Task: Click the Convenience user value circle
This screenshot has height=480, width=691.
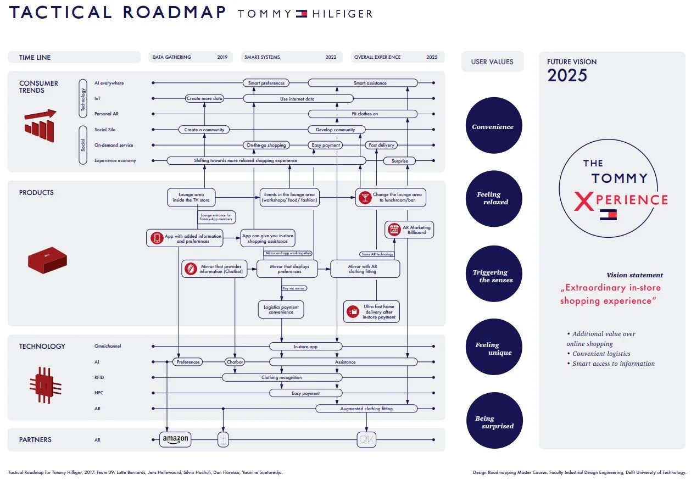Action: point(493,127)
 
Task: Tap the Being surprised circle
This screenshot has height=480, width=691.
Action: point(493,422)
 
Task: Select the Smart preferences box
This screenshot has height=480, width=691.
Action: point(266,83)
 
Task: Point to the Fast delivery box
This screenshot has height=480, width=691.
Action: point(381,145)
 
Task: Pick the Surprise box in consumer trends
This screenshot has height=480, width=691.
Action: point(399,161)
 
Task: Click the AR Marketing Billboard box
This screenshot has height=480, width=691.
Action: point(409,230)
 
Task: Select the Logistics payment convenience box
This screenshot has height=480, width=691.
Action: point(281,309)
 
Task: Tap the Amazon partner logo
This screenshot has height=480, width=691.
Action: point(176,439)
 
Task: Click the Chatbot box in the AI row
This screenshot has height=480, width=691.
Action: point(235,362)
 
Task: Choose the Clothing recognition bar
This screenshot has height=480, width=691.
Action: point(282,377)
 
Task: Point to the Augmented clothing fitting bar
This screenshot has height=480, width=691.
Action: point(366,409)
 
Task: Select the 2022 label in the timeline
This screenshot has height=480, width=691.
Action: point(331,57)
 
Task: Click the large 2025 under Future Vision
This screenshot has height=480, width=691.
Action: point(567,75)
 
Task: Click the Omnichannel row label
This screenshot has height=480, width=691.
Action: point(108,346)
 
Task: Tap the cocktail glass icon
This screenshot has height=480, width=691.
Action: point(364,197)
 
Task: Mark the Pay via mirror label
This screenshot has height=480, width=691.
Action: point(294,288)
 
